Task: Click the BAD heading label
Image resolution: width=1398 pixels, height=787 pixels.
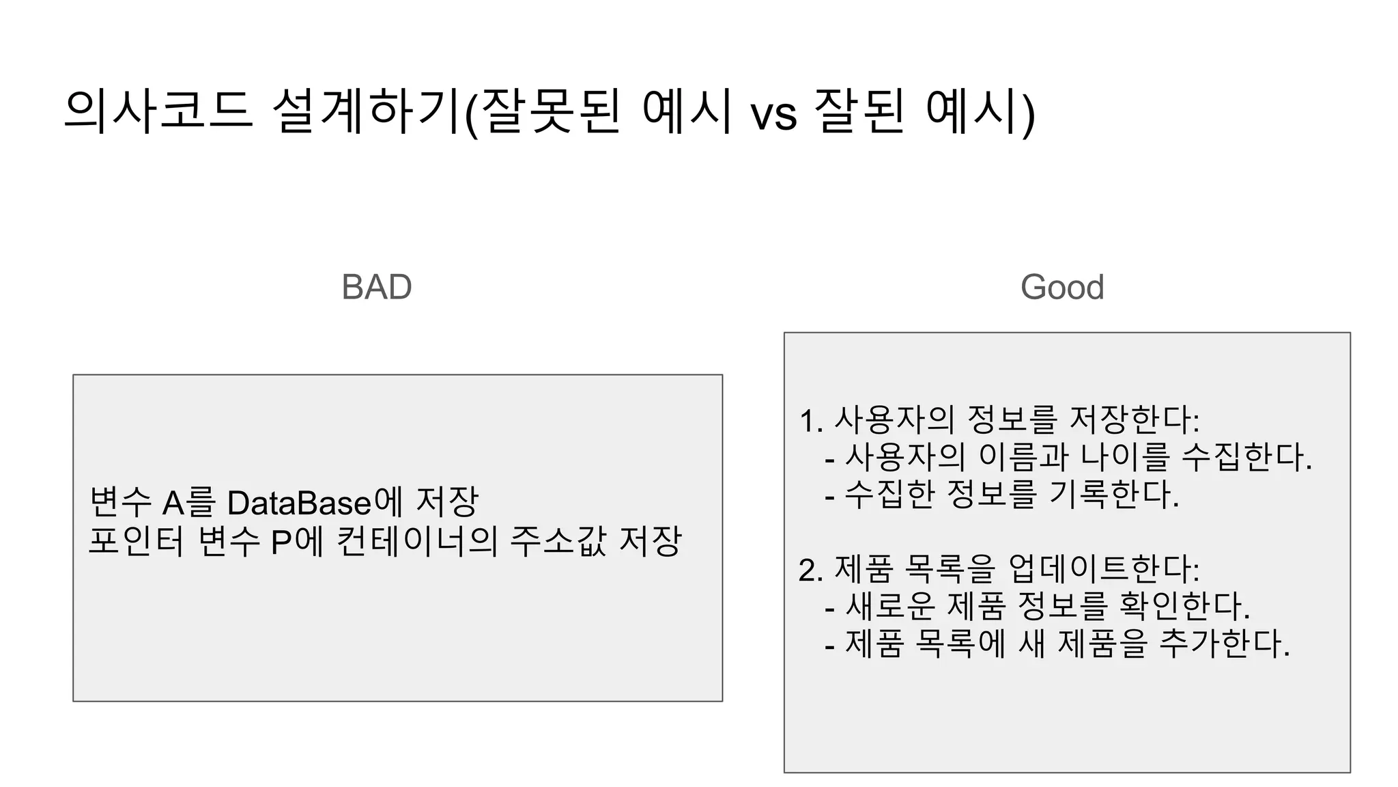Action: coord(376,287)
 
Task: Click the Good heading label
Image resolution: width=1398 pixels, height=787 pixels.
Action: coord(1062,287)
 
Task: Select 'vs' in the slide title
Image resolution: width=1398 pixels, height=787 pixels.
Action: coord(773,113)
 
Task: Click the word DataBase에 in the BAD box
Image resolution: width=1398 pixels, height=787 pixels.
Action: coord(315,503)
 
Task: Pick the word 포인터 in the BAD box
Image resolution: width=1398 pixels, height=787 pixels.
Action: coord(137,542)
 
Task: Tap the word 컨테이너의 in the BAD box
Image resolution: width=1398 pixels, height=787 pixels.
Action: coord(417,542)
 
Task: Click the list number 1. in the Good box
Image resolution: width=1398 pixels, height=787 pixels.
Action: coord(811,421)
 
